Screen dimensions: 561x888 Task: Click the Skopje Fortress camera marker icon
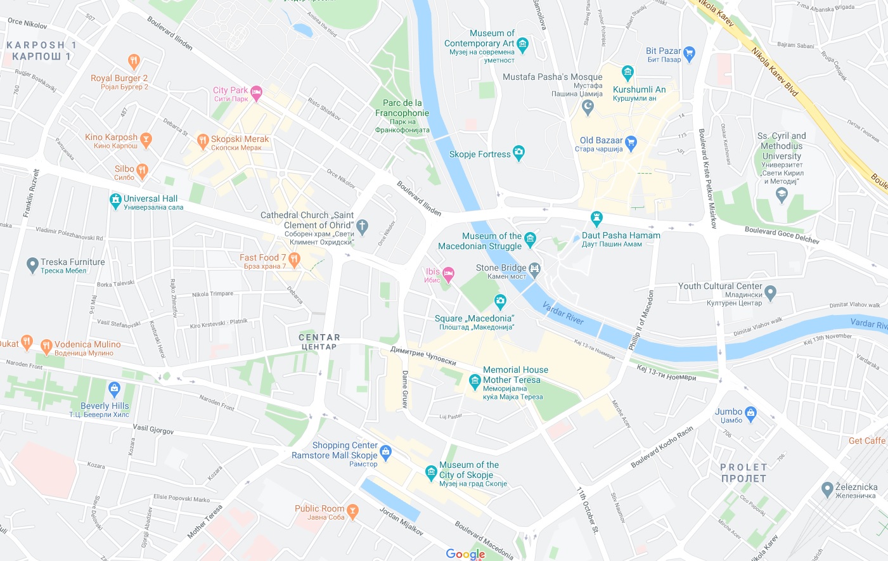[x=518, y=153]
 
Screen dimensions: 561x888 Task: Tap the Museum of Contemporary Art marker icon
[x=522, y=44]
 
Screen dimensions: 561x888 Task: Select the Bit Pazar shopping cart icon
[x=690, y=53]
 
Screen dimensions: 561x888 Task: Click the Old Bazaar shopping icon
[x=630, y=142]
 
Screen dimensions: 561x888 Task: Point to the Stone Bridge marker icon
[x=534, y=269]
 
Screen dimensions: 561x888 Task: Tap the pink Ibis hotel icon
[x=448, y=274]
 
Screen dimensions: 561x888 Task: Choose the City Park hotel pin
[x=256, y=93]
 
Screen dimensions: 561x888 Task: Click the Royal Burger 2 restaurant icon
[x=133, y=61]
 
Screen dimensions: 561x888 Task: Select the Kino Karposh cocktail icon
[x=146, y=139]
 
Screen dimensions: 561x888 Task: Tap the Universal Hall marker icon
[x=115, y=201]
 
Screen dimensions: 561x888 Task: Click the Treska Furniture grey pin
[x=32, y=265]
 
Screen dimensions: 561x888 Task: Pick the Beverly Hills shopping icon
[x=114, y=388]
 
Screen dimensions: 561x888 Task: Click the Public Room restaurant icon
[x=352, y=510]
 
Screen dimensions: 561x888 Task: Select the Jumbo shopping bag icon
[x=751, y=414]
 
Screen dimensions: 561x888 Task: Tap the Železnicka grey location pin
[x=827, y=489]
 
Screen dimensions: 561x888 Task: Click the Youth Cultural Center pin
[x=770, y=292]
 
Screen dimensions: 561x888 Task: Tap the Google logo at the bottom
[x=465, y=554]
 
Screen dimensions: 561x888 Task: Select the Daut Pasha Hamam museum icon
[x=596, y=219]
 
